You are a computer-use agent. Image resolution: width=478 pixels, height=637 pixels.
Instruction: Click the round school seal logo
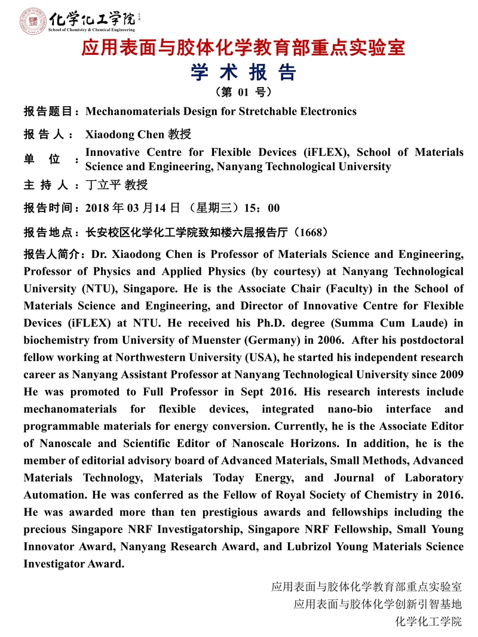31,20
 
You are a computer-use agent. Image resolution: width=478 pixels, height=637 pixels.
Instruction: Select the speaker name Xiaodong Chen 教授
138,134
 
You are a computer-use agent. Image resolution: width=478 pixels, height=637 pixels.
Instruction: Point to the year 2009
451,375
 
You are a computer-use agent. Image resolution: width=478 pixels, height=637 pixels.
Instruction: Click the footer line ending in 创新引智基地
378,604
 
